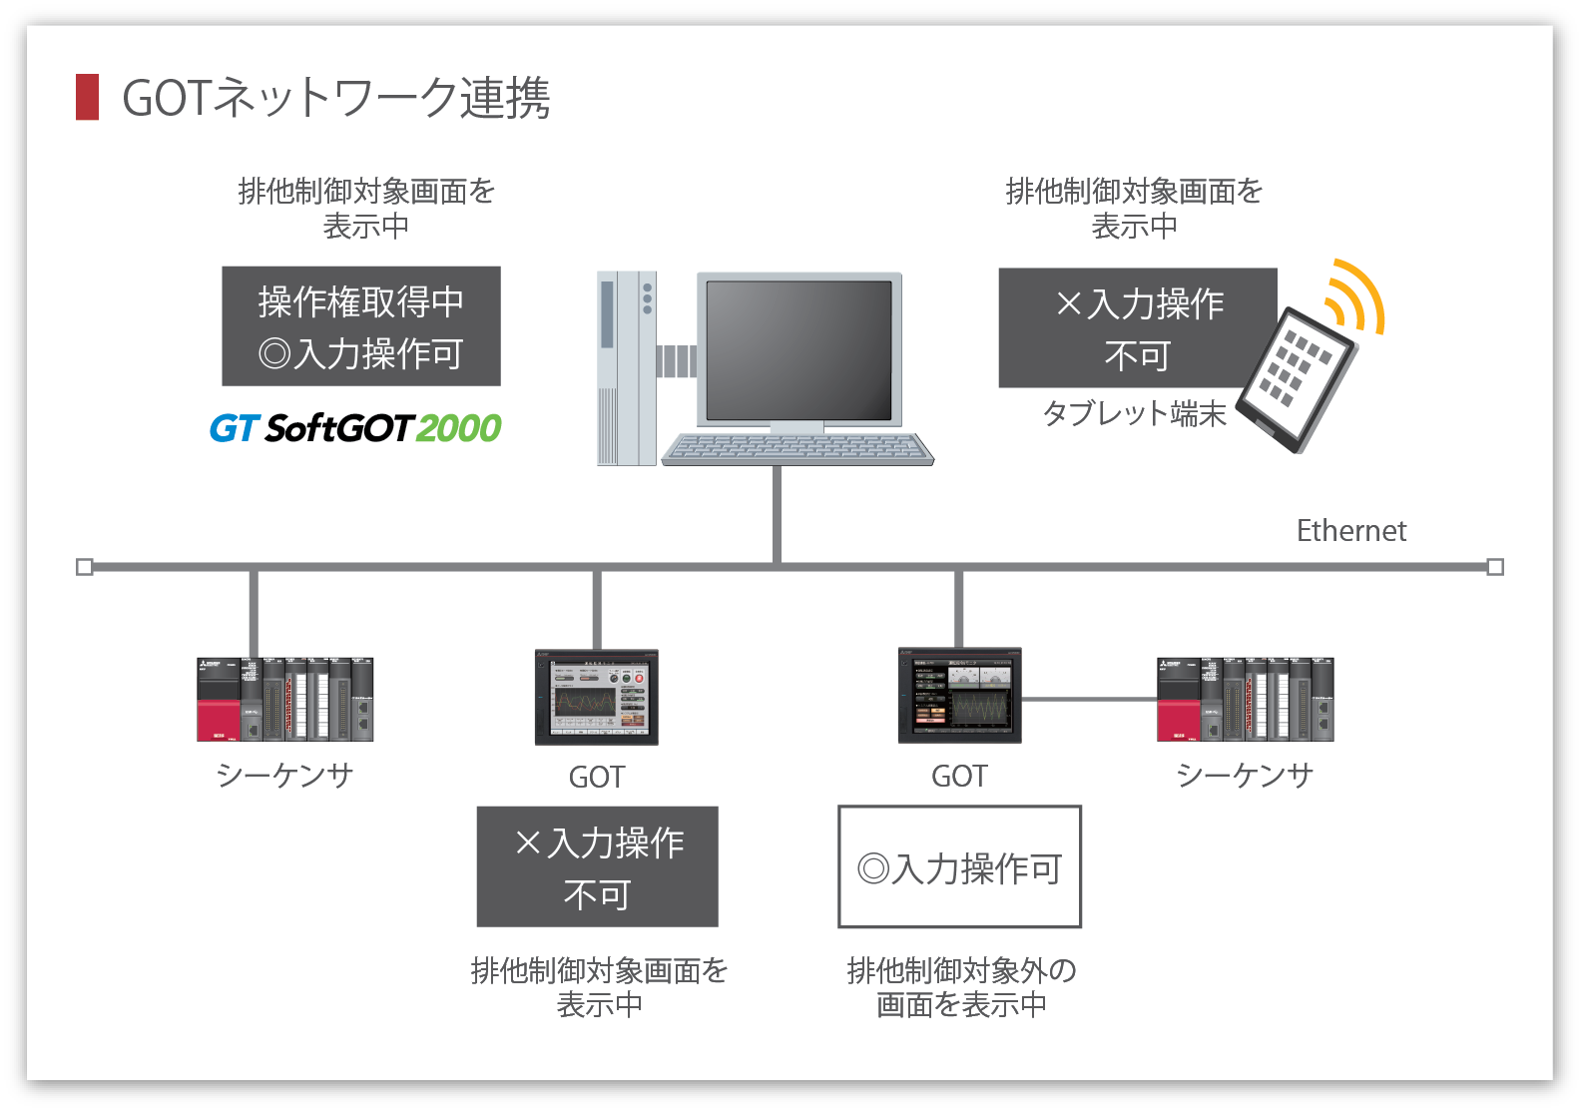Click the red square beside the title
(88, 97)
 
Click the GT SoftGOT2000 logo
(355, 428)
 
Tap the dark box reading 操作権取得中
(361, 326)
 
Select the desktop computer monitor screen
(798, 349)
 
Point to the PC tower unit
(626, 367)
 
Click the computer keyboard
(798, 448)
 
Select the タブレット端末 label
(1134, 413)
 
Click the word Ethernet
(1350, 531)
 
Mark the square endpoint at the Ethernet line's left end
(85, 567)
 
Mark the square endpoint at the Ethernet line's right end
(1495, 567)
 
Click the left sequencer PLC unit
(285, 699)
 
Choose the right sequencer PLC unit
(1245, 699)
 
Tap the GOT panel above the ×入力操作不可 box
(597, 698)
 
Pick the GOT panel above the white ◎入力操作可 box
(960, 697)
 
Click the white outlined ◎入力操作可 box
(959, 867)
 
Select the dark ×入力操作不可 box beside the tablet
(1138, 327)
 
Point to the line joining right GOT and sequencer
(1089, 700)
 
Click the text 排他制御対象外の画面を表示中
(961, 986)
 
